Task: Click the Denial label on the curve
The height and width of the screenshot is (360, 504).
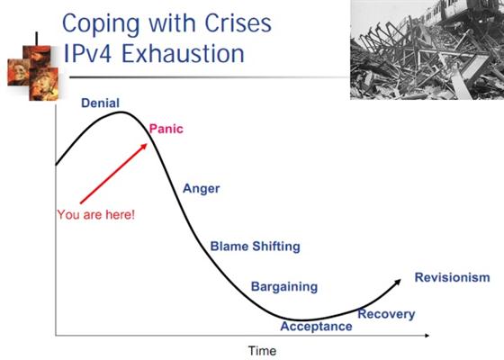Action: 100,103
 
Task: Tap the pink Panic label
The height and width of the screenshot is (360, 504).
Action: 166,129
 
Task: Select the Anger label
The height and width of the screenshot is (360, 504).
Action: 202,189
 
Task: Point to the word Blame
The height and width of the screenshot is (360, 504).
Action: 229,247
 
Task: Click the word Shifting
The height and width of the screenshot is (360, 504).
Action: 276,247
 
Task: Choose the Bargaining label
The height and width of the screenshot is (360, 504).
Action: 284,287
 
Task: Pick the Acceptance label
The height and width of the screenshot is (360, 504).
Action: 316,326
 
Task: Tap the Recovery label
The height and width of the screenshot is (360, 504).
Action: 386,314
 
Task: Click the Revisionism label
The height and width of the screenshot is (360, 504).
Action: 452,277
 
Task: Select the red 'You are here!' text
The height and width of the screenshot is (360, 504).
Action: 96,215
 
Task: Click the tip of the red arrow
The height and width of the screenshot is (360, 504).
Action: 147,144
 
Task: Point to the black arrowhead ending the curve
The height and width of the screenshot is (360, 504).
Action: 399,282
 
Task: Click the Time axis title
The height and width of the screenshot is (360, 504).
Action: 262,351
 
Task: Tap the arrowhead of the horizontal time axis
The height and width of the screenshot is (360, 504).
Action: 427,336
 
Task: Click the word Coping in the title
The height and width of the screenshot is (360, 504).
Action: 101,24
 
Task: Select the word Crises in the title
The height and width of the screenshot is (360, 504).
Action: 238,23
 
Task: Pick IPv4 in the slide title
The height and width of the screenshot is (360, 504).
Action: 88,53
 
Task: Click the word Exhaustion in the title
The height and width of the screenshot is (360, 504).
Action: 183,53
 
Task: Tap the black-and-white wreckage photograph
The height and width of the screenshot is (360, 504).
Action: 427,49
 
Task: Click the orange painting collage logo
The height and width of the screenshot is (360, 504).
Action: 33,72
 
